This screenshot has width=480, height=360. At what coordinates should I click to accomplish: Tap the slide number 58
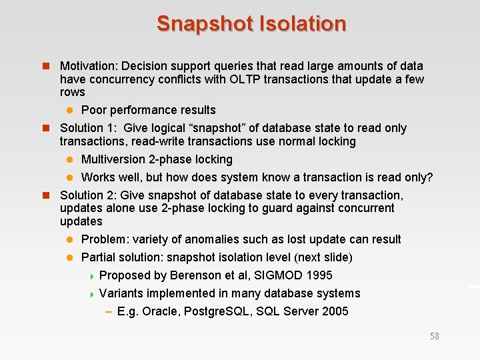pyautogui.click(x=435, y=336)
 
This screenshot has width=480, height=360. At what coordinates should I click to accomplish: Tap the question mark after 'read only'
pyautogui.click(x=429, y=177)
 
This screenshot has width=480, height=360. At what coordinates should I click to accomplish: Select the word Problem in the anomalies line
pyautogui.click(x=105, y=239)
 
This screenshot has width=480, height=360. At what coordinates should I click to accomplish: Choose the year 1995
pyautogui.click(x=318, y=275)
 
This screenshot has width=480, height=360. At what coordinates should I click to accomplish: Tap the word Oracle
pyautogui.click(x=159, y=311)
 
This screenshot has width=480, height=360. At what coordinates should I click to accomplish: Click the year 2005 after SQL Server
pyautogui.click(x=334, y=311)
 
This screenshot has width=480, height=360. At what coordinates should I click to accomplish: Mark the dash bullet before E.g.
pyautogui.click(x=108, y=311)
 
